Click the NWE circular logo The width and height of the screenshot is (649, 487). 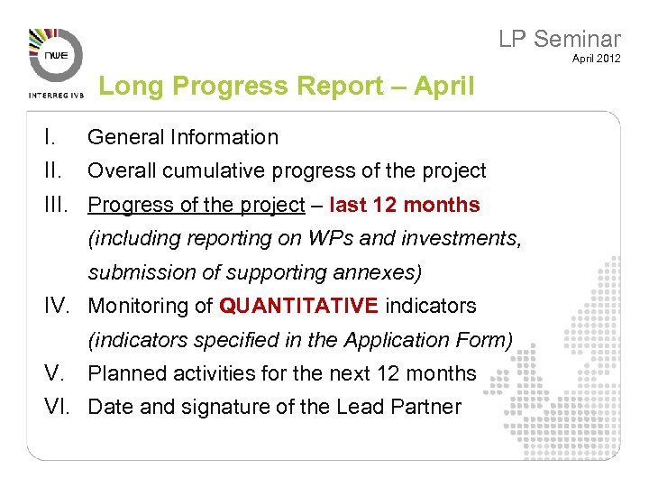pos(56,55)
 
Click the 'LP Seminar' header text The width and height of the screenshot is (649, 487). pos(559,39)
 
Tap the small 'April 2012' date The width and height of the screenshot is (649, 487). pos(596,60)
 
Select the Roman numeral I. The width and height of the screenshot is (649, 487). pos(51,137)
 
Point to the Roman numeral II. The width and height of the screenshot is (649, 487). pos(54,170)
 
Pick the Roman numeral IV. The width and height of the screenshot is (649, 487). pos(59,306)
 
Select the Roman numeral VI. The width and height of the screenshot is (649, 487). pos(59,407)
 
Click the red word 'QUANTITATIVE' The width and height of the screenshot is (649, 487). pos(298,306)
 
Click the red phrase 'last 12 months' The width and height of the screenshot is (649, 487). pos(405,205)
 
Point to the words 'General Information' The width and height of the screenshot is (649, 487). pos(183,137)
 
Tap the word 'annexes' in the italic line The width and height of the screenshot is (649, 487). pos(379,272)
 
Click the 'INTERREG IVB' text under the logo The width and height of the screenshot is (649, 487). pos(56,94)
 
